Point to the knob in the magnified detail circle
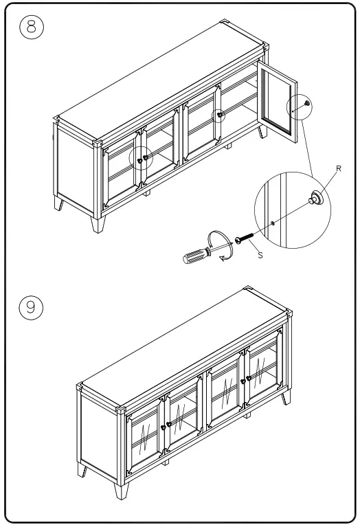pos(318,199)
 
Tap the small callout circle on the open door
pos(299,106)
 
